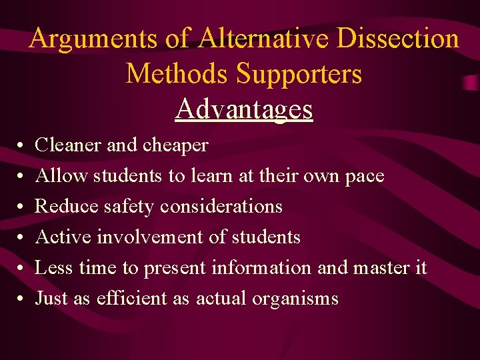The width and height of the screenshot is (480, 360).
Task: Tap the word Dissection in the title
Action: pyautogui.click(x=398, y=39)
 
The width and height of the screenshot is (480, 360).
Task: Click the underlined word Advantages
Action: pyautogui.click(x=244, y=109)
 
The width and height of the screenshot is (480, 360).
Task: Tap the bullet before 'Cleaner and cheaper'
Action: pyautogui.click(x=21, y=145)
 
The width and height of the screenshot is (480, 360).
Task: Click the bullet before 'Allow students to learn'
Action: pyautogui.click(x=21, y=176)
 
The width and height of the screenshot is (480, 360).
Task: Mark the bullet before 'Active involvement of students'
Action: pyautogui.click(x=21, y=237)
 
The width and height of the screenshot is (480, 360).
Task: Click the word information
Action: pyautogui.click(x=261, y=267)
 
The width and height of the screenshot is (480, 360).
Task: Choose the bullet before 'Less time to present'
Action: pyautogui.click(x=21, y=268)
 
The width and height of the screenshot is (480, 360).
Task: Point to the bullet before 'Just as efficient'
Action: pyautogui.click(x=21, y=299)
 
